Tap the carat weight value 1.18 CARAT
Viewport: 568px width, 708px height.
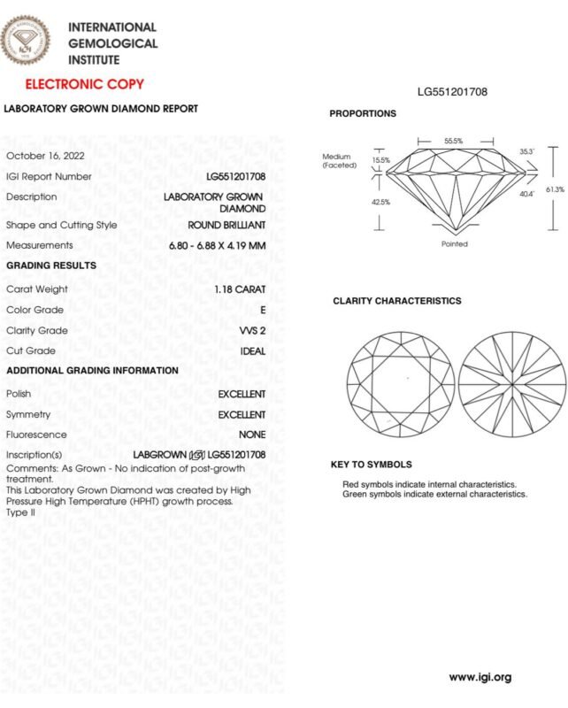tap(239, 289)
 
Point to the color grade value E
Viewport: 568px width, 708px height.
tap(262, 310)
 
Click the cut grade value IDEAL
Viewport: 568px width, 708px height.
tap(252, 351)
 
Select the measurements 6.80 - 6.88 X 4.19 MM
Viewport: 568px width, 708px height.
tap(217, 245)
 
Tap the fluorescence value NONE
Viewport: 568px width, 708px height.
tap(252, 435)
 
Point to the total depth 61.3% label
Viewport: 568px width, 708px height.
tap(555, 189)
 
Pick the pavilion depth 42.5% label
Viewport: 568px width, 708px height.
tap(381, 202)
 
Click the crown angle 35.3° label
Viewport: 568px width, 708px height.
tap(526, 152)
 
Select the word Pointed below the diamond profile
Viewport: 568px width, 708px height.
tap(454, 244)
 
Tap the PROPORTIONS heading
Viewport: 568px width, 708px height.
tap(363, 114)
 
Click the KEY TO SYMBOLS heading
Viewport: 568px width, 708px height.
tap(371, 464)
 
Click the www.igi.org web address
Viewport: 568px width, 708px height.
tap(480, 678)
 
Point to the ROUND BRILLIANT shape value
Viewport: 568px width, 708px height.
tap(226, 225)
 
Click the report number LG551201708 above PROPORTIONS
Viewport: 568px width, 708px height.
tap(452, 91)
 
